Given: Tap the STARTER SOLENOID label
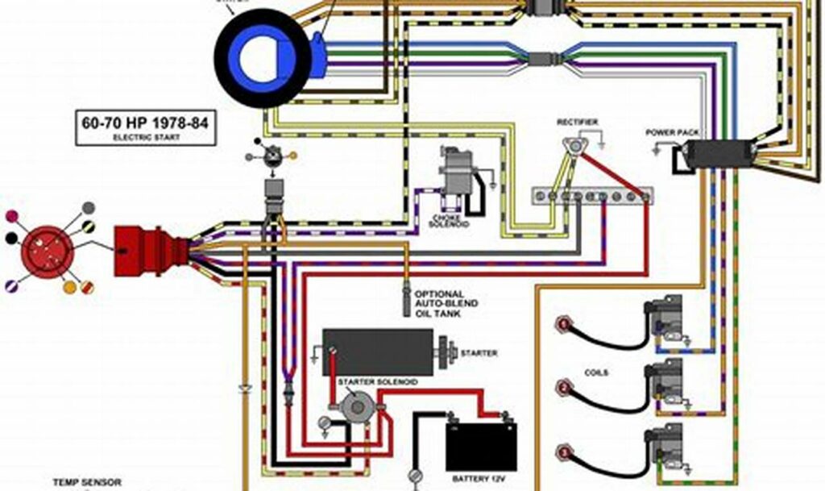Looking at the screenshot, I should point(377,381).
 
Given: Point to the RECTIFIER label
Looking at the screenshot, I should point(578,122).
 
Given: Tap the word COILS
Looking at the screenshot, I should point(596,373).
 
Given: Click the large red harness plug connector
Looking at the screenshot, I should point(139,251).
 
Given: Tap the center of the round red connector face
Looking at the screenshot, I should point(48,252).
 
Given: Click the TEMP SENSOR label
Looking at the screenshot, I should point(87,482).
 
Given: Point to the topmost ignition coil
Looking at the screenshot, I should point(665,318).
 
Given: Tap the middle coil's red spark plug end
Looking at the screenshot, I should point(562,386).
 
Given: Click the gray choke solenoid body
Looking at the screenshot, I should point(455,172).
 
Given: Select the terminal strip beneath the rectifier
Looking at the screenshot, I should point(592,196).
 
